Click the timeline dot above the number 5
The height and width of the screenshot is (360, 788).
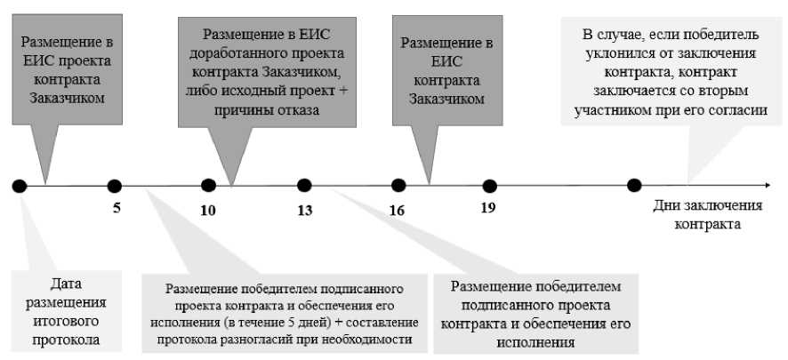coord(114,186)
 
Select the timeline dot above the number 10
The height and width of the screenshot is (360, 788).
coord(209,186)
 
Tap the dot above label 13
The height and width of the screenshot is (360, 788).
coord(304,186)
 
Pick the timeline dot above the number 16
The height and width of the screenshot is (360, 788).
coord(399,186)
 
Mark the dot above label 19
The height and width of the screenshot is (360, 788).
coord(489,186)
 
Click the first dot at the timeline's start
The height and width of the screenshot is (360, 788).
coord(20,186)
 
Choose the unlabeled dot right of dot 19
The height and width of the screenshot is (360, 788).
coord(634,186)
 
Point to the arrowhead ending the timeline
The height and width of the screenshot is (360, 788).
coord(766,186)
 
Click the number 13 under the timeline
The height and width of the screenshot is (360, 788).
coord(305,212)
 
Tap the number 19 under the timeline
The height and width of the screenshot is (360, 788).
coord(488,212)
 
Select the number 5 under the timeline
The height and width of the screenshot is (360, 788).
coord(116,212)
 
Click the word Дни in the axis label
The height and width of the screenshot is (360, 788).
coord(669,207)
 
